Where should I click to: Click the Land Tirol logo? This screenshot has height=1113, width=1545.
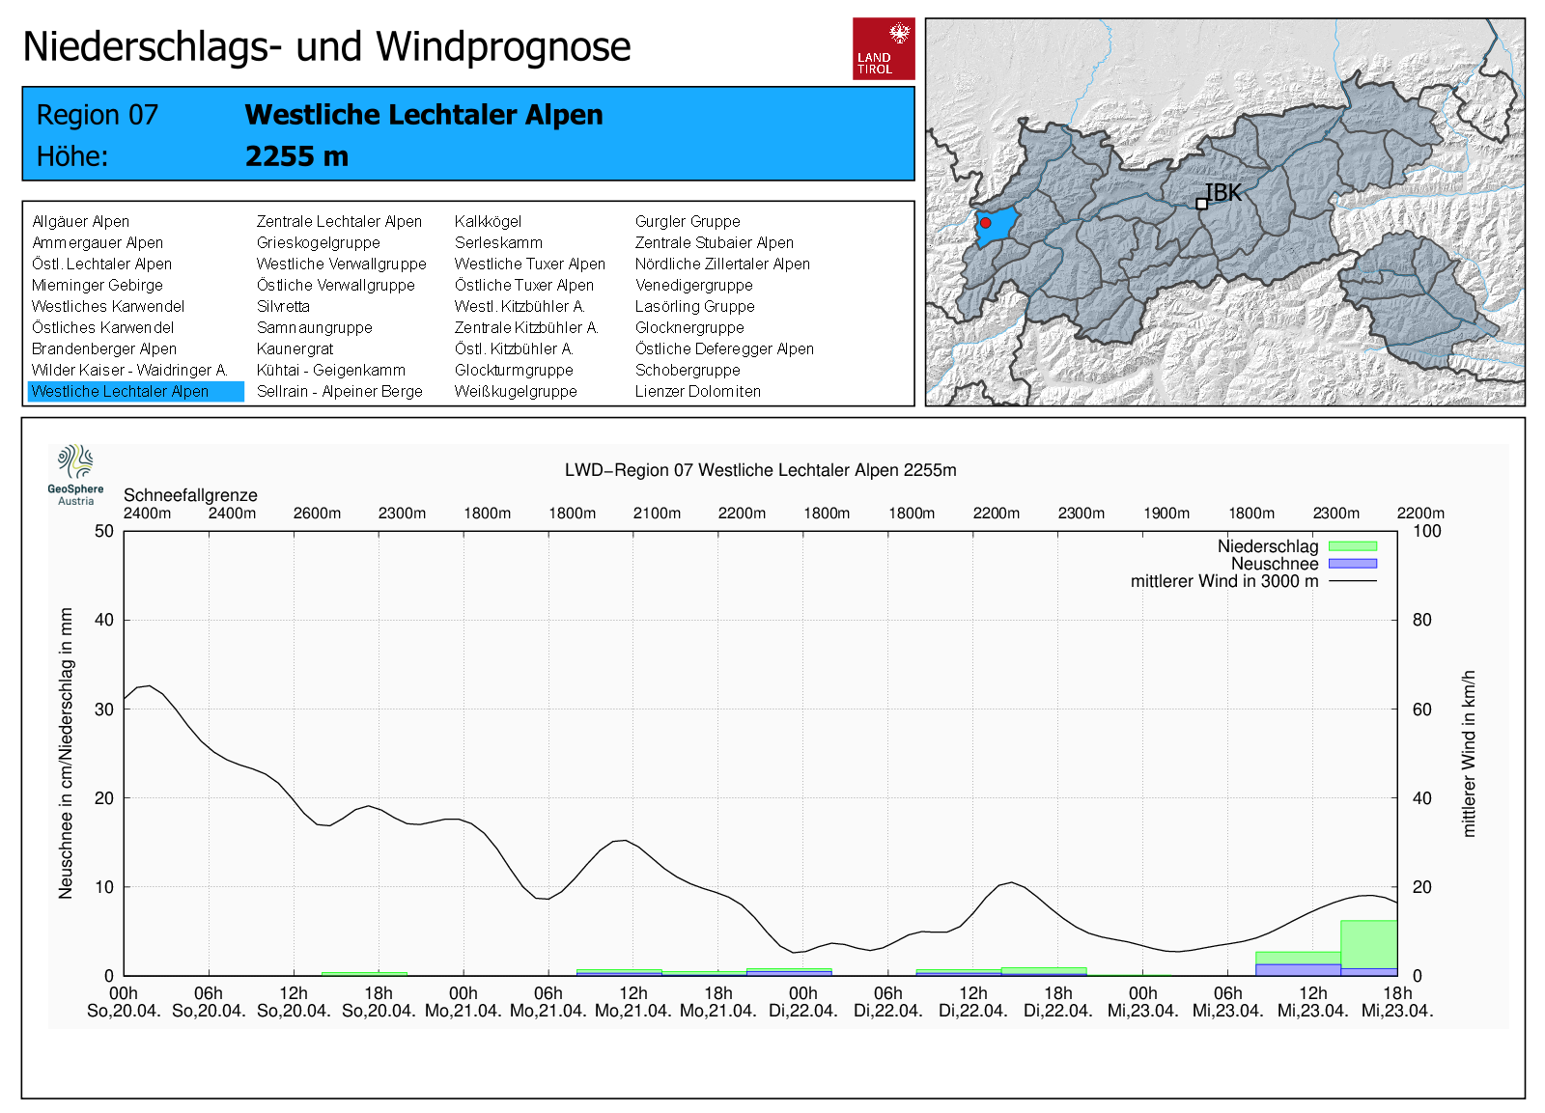point(884,48)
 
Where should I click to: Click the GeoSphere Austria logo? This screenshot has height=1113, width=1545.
point(75,474)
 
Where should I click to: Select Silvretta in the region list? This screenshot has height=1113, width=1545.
point(283,306)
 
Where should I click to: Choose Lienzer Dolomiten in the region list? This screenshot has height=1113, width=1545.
point(697,391)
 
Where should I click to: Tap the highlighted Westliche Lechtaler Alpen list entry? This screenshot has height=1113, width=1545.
point(121,391)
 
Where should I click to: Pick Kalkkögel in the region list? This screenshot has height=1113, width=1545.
point(488,221)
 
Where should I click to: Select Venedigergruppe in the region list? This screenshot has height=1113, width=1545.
point(693,285)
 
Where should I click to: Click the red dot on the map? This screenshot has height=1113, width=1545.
point(985,223)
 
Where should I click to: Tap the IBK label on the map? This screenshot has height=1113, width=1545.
point(1223,193)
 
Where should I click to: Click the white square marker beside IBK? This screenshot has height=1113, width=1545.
point(1201,204)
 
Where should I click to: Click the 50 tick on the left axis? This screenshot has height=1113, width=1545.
point(104,531)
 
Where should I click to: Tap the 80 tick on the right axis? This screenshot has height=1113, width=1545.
point(1421,620)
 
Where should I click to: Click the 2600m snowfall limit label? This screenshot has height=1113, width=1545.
point(317,514)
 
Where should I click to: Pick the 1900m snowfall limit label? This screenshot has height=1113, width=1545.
point(1166,514)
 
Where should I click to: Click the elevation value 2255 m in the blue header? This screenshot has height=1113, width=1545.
point(296,156)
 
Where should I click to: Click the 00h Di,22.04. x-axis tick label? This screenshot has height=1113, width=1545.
point(802,1002)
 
